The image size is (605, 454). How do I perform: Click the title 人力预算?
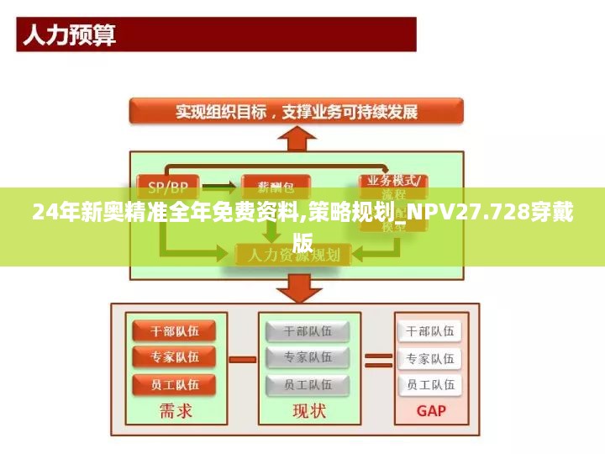click(69, 35)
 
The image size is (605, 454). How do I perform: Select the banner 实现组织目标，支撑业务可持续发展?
click(296, 111)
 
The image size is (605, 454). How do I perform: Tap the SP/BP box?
click(168, 185)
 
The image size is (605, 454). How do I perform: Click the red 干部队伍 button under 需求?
click(175, 330)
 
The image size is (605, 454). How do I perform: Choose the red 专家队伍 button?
click(175, 357)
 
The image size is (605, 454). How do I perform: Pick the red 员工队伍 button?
click(175, 384)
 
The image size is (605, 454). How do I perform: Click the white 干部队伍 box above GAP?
click(429, 330)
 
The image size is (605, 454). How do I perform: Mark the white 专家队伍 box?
click(429, 358)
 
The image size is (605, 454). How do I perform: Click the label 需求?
click(175, 411)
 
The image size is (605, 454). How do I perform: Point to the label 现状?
click(308, 411)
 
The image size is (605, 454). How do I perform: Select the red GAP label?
click(430, 411)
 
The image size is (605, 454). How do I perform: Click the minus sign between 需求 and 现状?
click(242, 359)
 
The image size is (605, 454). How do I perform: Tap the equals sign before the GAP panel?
click(378, 359)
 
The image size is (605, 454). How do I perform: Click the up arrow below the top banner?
click(295, 137)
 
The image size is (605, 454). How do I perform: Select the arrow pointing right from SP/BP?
click(218, 185)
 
